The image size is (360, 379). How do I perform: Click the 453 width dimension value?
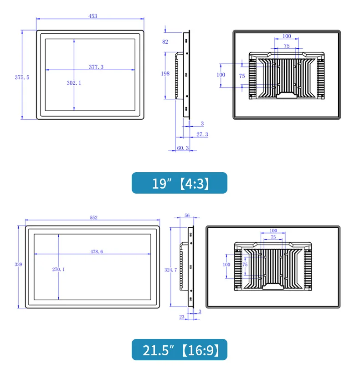pyautogui.click(x=93, y=16)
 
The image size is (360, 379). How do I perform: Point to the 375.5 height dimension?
pyautogui.click(x=22, y=77)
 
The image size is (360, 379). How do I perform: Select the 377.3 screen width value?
pyautogui.click(x=96, y=67)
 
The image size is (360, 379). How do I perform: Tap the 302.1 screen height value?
pyautogui.click(x=74, y=83)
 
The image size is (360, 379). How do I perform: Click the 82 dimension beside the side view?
pyautogui.click(x=165, y=42)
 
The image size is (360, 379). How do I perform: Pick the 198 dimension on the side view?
pyautogui.click(x=165, y=73)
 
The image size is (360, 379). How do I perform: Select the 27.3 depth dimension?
pyautogui.click(x=202, y=134)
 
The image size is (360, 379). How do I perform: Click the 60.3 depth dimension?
pyautogui.click(x=183, y=148)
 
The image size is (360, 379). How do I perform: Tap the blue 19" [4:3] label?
pyautogui.click(x=180, y=183)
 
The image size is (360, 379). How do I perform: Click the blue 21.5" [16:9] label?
pyautogui.click(x=180, y=350)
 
